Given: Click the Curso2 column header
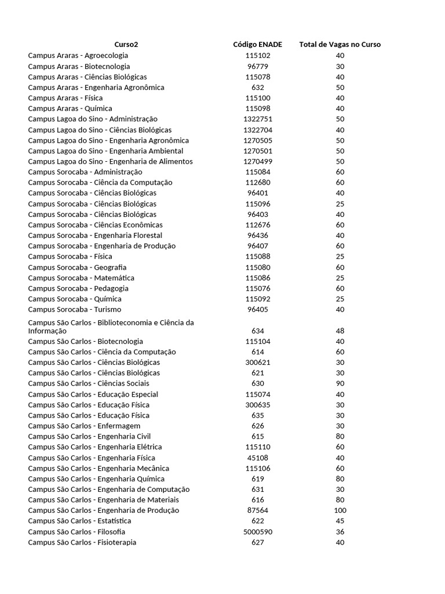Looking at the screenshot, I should tap(126, 45).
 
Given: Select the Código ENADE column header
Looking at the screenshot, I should tap(257, 45).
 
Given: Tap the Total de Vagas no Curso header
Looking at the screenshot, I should tap(340, 45).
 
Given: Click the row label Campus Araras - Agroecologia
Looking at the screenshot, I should tap(78, 56).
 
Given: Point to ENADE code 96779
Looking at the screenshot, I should tap(257, 66).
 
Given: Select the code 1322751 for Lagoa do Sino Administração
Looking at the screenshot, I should tap(257, 119).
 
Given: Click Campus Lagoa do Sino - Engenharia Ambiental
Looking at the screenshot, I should tap(105, 151).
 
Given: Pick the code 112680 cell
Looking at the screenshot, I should tap(257, 182).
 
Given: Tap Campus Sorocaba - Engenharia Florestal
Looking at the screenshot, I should tap(95, 236).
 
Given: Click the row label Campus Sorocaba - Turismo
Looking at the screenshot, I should tap(75, 309).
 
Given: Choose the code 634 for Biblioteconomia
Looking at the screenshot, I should tap(257, 331).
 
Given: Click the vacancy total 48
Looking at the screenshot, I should tap(340, 331).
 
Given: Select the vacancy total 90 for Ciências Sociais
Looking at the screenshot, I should tap(340, 383).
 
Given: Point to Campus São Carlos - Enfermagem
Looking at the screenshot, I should tap(84, 426).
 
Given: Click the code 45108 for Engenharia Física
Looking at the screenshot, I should tap(257, 458).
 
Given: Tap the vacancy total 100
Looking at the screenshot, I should tap(340, 510).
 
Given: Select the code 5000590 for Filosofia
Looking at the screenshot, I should tap(257, 532).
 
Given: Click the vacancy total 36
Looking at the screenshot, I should tap(340, 532).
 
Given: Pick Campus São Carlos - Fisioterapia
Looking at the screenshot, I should tap(82, 542).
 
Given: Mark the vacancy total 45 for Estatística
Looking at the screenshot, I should tap(340, 521).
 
